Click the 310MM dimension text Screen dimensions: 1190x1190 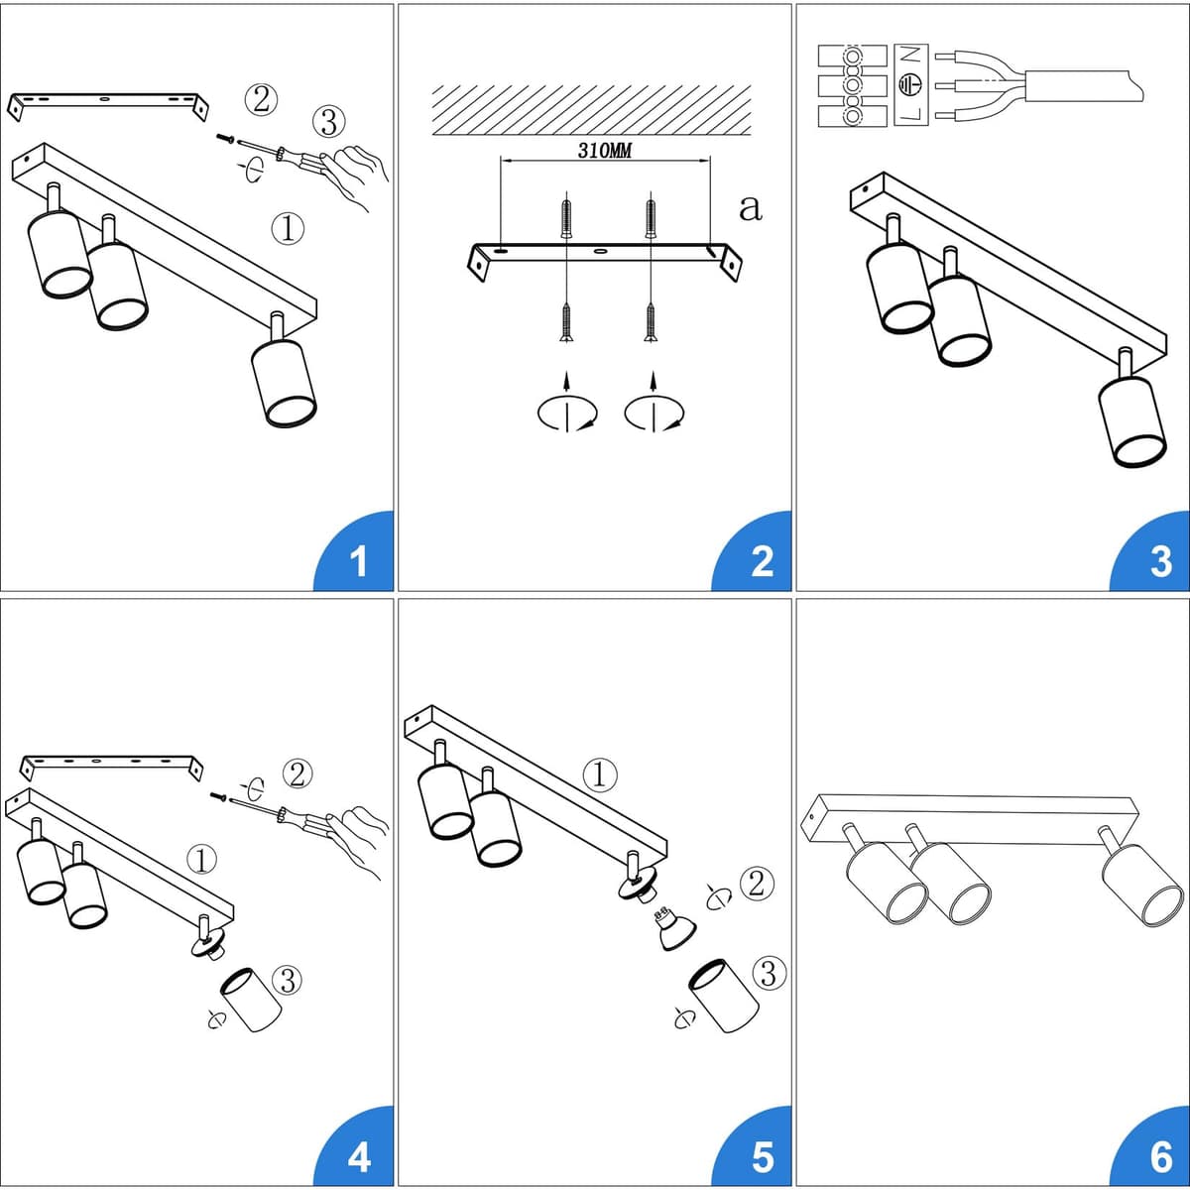[605, 151]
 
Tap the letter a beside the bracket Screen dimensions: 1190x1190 [751, 208]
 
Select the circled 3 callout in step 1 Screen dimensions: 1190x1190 [328, 122]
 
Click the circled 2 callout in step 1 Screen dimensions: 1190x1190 [261, 99]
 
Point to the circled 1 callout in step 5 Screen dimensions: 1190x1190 [600, 774]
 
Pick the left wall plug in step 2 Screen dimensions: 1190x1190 [566, 218]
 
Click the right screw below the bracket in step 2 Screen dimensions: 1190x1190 [650, 321]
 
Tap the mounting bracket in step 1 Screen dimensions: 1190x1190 [109, 105]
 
